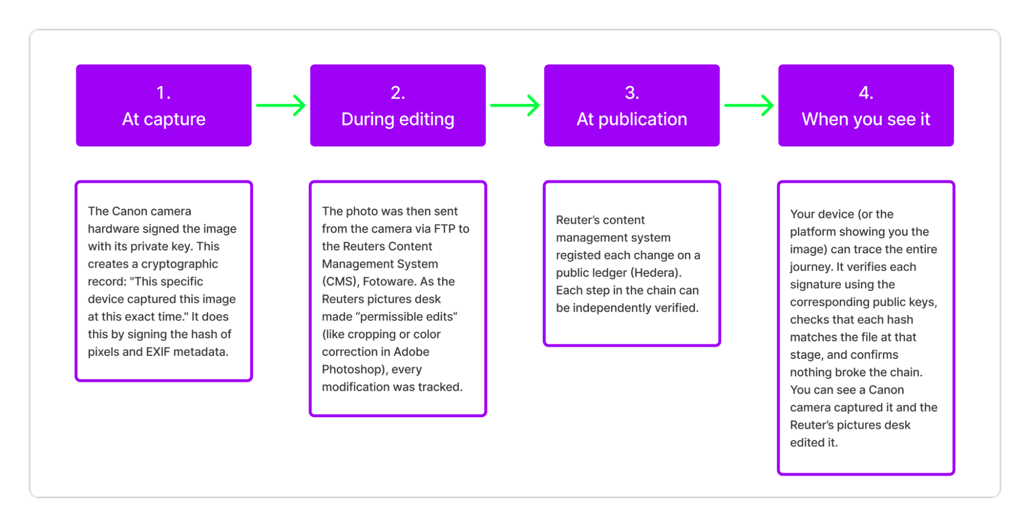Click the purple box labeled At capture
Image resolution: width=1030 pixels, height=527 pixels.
(163, 106)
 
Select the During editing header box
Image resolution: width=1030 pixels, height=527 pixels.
(397, 106)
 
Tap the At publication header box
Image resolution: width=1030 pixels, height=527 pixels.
(632, 106)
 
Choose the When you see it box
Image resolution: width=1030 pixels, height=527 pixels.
(866, 106)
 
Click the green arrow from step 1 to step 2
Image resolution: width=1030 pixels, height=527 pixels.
(281, 105)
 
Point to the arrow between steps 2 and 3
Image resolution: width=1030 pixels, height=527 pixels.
(515, 105)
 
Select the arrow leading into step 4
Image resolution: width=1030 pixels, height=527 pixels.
(749, 105)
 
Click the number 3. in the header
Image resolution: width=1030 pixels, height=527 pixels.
(632, 93)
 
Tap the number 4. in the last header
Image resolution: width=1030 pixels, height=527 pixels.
(866, 93)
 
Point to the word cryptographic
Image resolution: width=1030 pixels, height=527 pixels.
(179, 264)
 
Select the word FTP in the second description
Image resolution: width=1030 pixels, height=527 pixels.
(444, 229)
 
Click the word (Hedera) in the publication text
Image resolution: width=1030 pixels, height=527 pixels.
(656, 273)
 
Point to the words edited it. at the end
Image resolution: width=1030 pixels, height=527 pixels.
(814, 442)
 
